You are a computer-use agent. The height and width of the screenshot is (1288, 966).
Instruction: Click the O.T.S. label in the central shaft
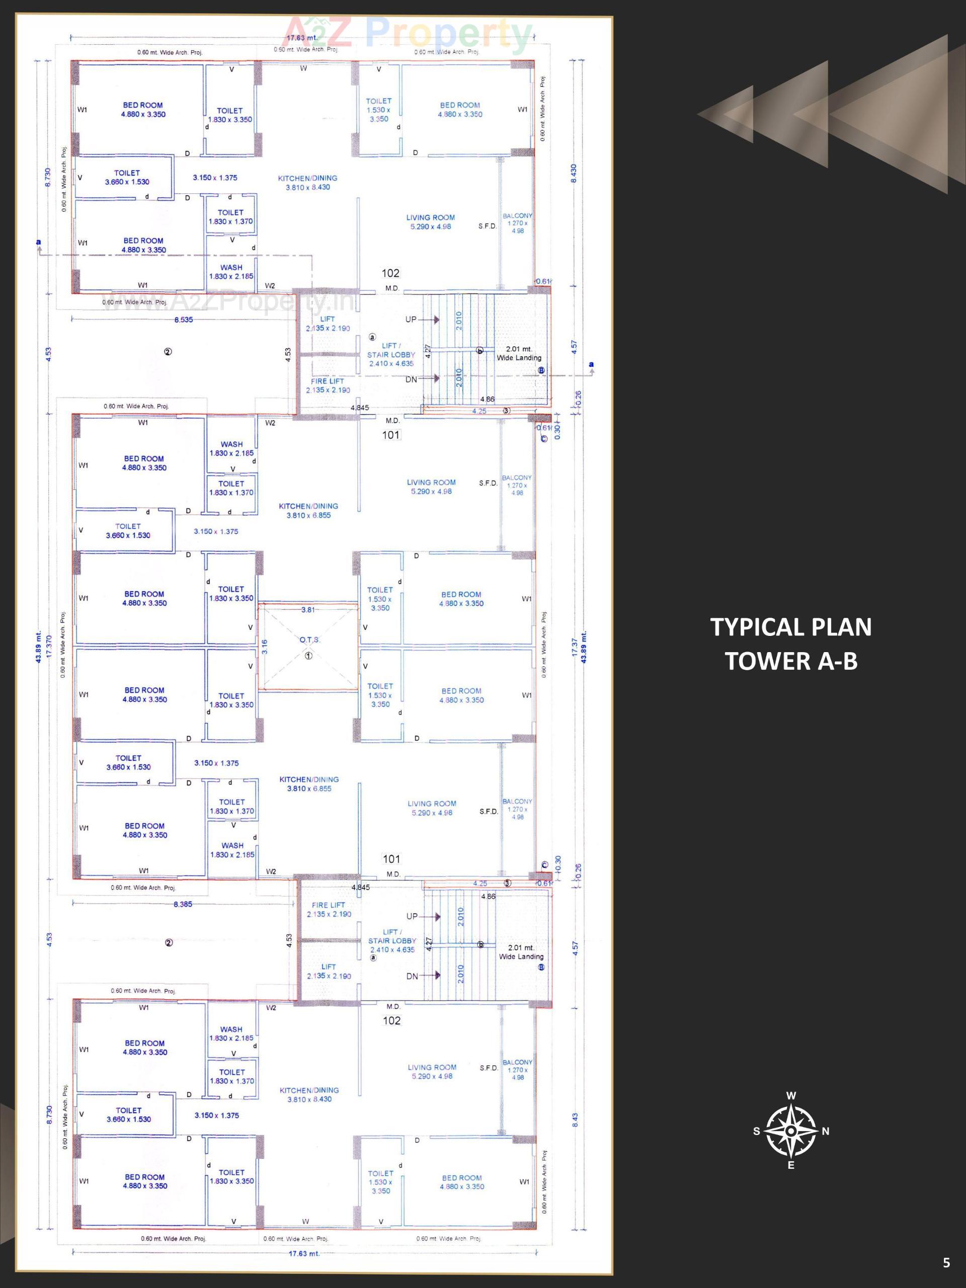[x=309, y=639]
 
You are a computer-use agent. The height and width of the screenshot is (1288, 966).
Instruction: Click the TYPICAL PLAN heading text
[x=791, y=627]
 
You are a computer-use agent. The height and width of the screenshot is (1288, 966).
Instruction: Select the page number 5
[x=945, y=1262]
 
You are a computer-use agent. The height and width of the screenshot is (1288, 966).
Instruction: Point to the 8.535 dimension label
[x=184, y=319]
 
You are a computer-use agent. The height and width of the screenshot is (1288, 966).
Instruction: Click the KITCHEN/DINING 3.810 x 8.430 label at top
[x=307, y=183]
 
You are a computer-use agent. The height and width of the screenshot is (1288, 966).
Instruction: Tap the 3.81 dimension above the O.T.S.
[x=308, y=610]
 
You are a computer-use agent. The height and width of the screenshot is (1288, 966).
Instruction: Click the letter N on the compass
[x=825, y=1132]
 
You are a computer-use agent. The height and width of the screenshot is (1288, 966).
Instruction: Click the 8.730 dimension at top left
[x=48, y=177]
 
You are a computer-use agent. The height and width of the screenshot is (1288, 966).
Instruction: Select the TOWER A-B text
[x=791, y=661]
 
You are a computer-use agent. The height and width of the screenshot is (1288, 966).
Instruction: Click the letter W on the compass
[x=791, y=1096]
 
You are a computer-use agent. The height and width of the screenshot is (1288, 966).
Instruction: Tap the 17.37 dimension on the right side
[x=575, y=648]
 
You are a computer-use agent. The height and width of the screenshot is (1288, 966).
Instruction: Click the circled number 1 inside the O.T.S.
[x=308, y=656]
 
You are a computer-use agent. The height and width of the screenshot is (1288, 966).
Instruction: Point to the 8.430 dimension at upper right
[x=573, y=174]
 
